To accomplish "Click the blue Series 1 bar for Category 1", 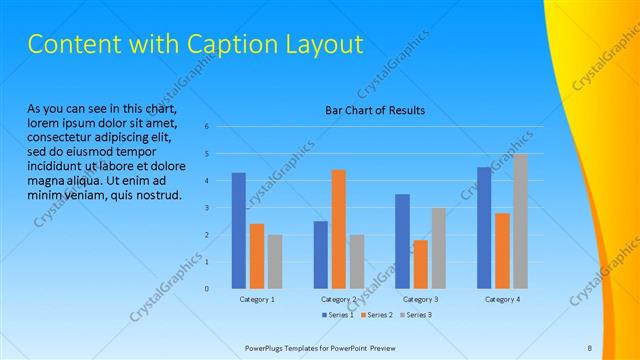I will pos(238,230).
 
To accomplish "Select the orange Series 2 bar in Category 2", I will pos(339,229).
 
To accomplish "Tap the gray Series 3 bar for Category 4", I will pos(521,221).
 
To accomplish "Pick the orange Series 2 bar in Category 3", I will pos(420,264).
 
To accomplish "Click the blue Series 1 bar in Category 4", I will pos(484,227).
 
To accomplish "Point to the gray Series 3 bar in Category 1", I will pos(275,261).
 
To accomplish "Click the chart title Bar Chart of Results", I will pos(375,110).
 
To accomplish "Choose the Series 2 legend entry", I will pos(374,315).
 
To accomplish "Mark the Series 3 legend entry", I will pos(414,315).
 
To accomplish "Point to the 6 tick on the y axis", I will pos(206,127).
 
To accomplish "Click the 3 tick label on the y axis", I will pos(206,208).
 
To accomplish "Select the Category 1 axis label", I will pos(257,299).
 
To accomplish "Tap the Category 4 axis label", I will pos(502,299).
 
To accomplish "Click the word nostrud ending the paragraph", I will pos(156,194).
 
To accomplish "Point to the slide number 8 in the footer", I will pos(590,347).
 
